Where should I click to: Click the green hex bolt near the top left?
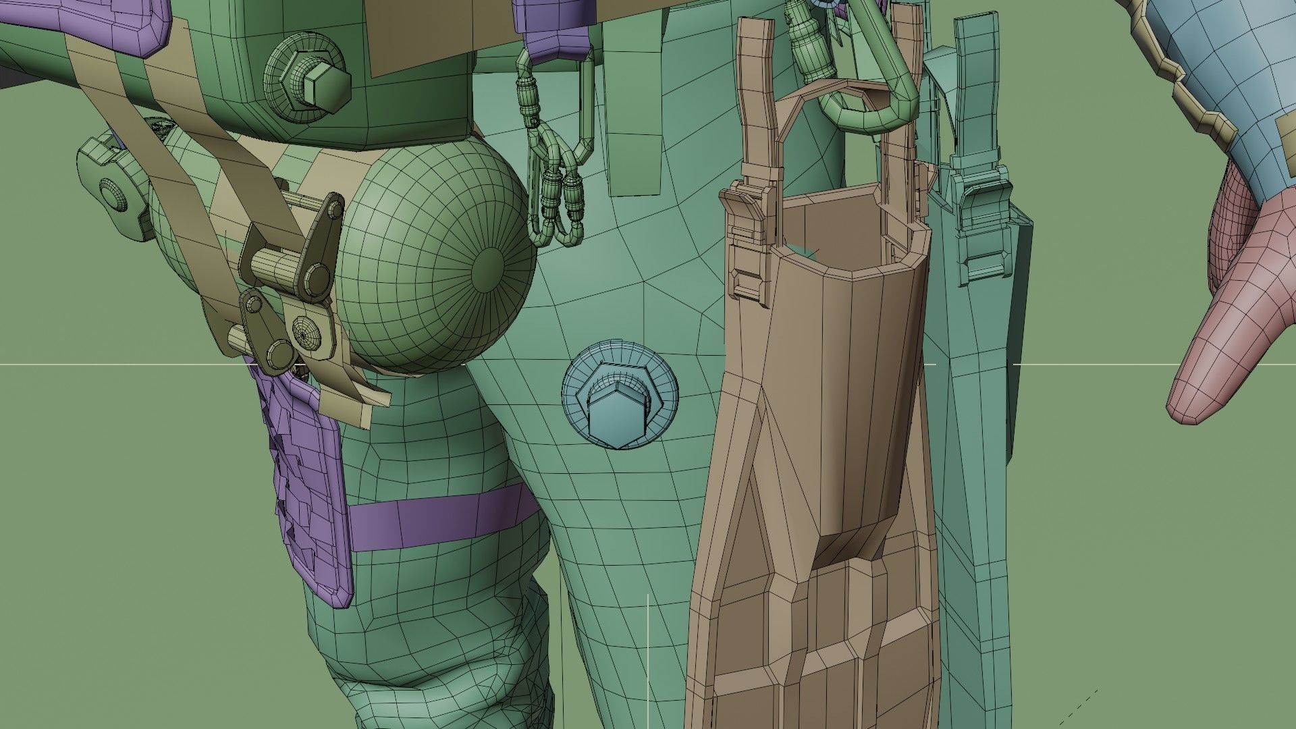[x=326, y=82]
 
